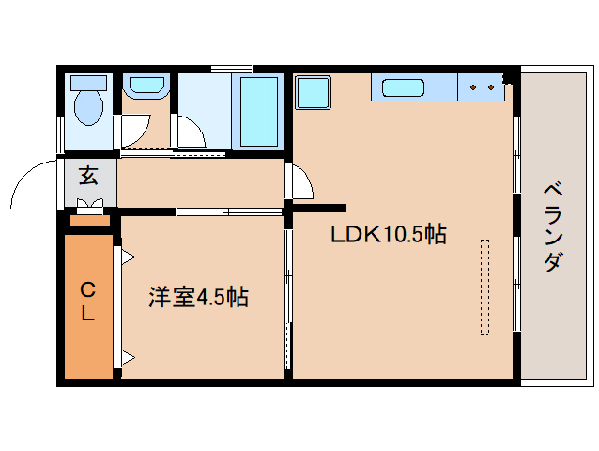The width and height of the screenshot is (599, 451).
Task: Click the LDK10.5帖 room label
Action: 387,234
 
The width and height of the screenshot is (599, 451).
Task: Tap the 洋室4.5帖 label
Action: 198,298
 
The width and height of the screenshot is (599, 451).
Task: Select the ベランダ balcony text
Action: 554,225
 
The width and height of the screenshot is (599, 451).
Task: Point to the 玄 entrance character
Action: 89,175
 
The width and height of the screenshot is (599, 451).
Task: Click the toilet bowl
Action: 88,107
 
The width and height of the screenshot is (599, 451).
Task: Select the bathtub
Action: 258,110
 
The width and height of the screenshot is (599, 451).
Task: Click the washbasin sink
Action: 146,86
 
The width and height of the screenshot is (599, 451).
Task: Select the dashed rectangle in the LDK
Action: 484,287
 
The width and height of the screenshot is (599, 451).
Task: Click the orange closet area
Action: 87,305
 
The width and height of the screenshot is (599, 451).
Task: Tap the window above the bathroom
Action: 231,68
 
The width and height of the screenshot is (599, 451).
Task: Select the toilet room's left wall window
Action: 61,132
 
